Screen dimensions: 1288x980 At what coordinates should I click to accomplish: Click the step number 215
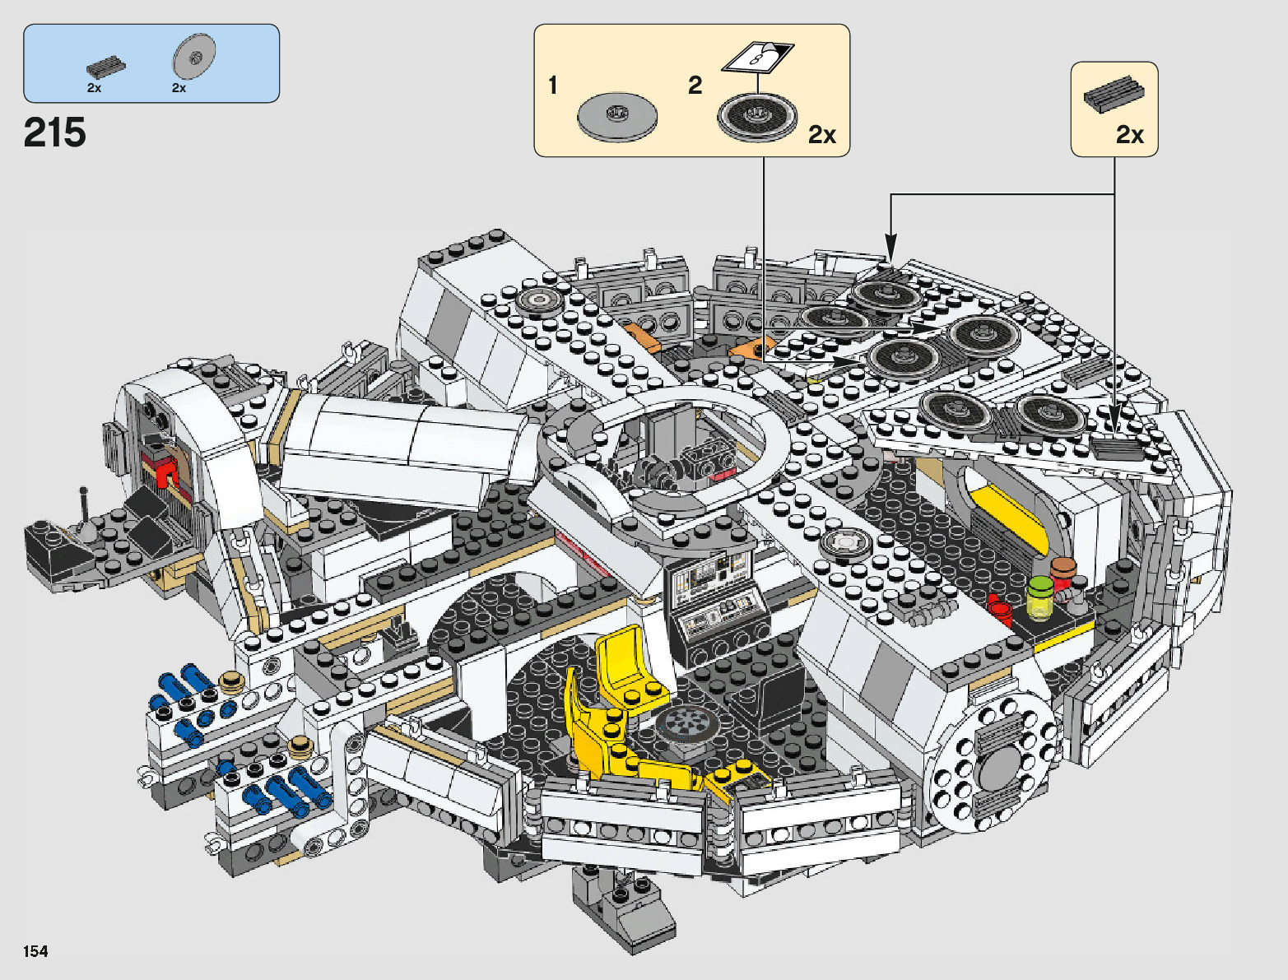(54, 132)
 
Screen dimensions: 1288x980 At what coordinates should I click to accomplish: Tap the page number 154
(35, 951)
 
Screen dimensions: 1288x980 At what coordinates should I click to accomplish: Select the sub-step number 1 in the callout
(553, 85)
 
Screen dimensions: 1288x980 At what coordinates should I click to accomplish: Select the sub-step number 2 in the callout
(695, 85)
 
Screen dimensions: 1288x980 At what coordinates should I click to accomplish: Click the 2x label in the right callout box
(1130, 134)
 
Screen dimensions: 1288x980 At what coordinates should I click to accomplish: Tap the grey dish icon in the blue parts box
(194, 56)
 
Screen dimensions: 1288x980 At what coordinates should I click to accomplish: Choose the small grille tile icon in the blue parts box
(106, 67)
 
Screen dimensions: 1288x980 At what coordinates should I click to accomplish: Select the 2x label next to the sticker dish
(821, 134)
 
